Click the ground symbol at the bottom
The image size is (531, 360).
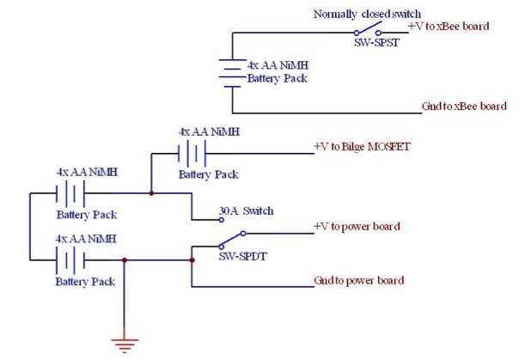(125, 345)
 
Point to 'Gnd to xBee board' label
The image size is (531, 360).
(464, 107)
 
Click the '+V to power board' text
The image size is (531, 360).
(357, 227)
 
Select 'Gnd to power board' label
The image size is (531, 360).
(359, 281)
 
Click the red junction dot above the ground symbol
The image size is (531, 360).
(125, 260)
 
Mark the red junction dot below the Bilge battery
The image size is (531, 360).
(151, 193)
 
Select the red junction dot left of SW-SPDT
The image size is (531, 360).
(191, 260)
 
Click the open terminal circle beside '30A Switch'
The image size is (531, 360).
(222, 218)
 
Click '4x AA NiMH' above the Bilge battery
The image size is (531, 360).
(208, 132)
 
